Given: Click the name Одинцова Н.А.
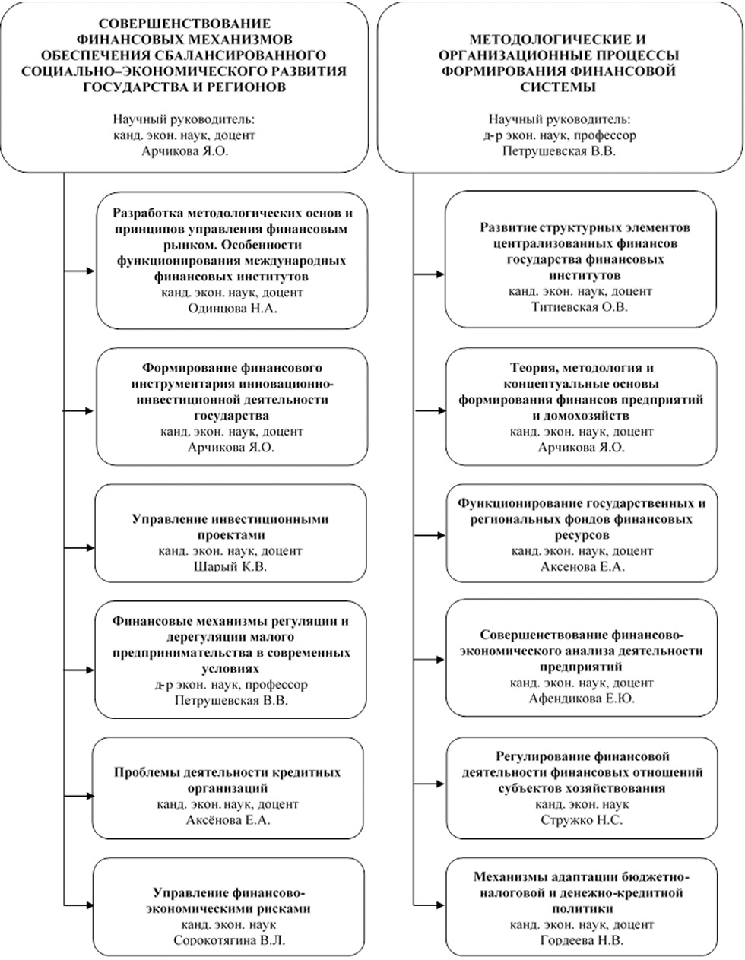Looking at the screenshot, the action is point(233,309).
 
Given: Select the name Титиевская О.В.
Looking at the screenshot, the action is point(579,307).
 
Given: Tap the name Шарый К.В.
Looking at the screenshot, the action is point(230,566).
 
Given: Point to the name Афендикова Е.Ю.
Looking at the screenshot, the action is point(582,699).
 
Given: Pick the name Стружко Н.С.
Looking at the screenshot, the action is point(582,820).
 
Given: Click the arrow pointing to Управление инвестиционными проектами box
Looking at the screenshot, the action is point(80,548).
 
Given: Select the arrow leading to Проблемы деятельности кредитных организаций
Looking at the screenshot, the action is point(80,796).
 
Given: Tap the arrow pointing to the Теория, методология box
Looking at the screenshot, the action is point(431,410).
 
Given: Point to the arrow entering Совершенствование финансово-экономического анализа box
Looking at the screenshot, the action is point(429,660).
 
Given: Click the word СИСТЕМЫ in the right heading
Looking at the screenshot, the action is point(558,87).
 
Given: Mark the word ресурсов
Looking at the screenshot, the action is point(582,535).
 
